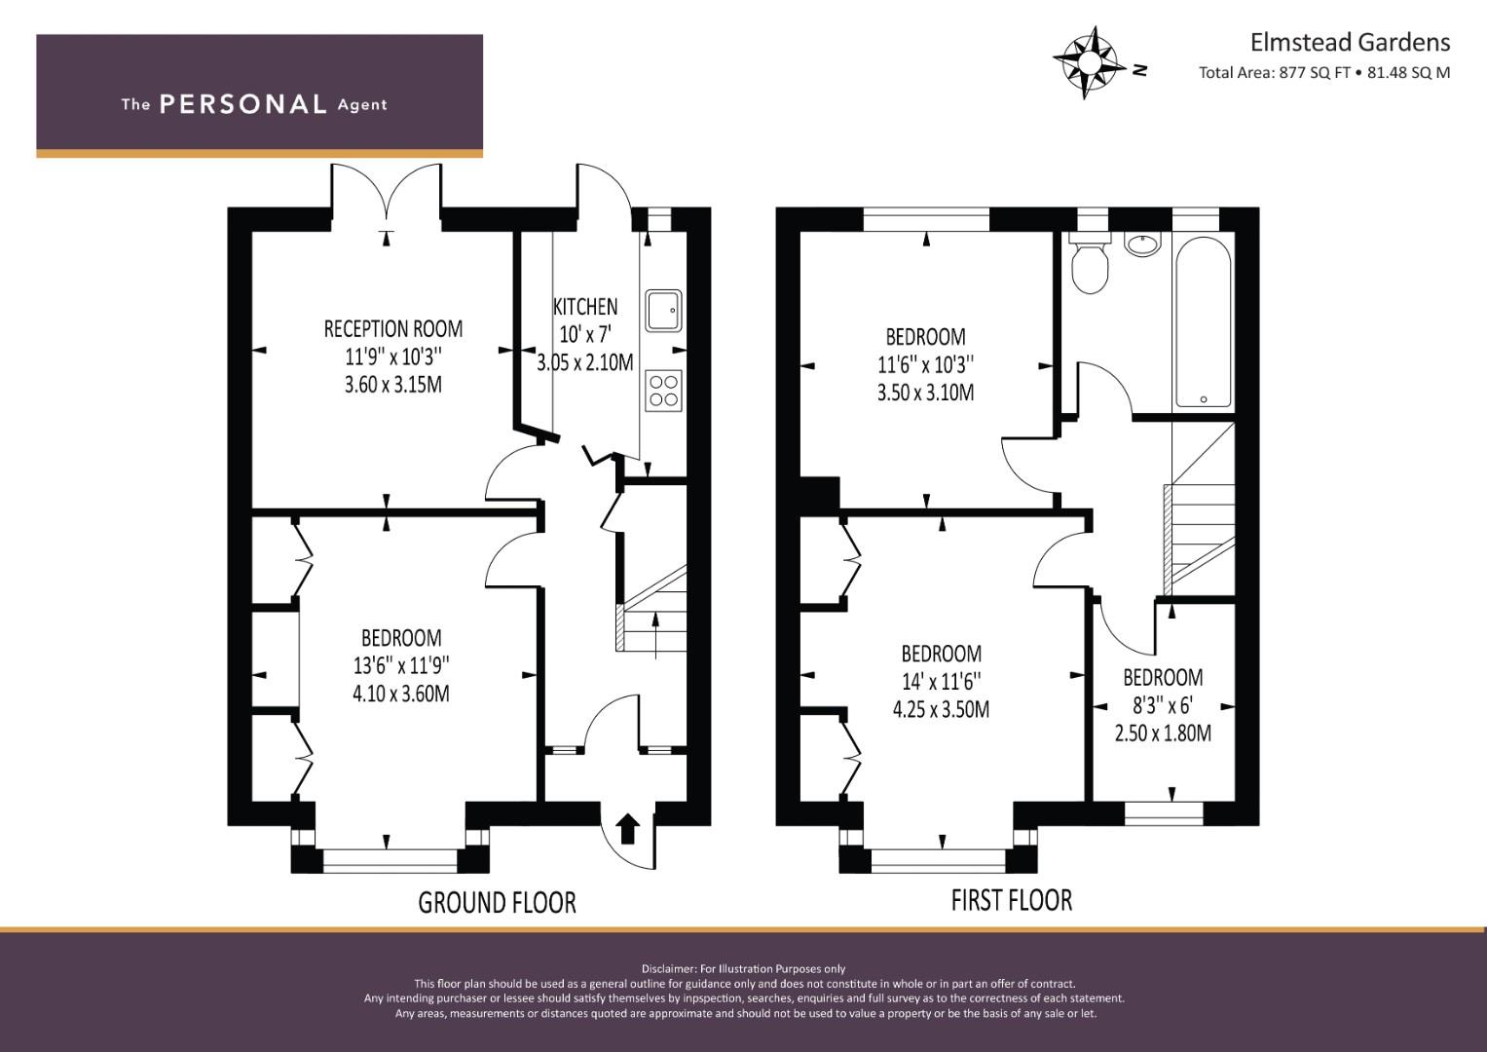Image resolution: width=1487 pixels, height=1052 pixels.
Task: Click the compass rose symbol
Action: [x=1089, y=63]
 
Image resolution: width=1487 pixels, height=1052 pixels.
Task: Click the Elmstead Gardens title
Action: [x=1350, y=43]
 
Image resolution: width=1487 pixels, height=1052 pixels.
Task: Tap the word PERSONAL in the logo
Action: [x=243, y=104]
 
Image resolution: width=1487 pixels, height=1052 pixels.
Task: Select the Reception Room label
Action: [x=393, y=329]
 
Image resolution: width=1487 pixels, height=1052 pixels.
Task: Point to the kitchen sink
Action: [x=663, y=310]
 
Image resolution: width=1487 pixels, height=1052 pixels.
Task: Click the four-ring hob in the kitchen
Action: [x=664, y=391]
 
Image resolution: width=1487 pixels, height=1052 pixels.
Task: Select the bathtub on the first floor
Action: [x=1204, y=322]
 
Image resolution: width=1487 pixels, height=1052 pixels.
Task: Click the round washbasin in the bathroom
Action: [x=1142, y=244]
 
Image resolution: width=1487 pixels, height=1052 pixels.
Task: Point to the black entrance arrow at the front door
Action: [x=628, y=830]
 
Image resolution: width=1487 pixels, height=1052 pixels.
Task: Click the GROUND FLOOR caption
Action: [x=498, y=903]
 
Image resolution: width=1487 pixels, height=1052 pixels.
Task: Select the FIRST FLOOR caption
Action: [x=1012, y=901]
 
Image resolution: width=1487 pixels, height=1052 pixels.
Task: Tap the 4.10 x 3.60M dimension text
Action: [x=401, y=694]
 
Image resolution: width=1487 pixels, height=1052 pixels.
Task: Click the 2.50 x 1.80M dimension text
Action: [x=1163, y=733]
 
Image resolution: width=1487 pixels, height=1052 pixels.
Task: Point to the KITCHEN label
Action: [x=585, y=307]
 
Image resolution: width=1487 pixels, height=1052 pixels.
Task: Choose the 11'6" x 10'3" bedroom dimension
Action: [x=926, y=364]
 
